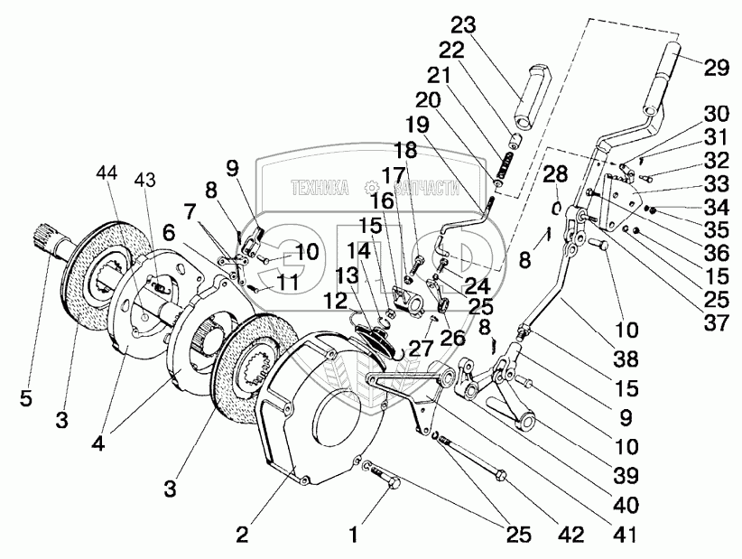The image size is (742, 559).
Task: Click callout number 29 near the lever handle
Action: pos(716,68)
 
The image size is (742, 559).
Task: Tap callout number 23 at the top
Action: pos(463,25)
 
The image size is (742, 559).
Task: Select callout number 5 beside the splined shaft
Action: pos(26,398)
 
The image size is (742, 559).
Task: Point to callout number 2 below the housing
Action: pos(242,536)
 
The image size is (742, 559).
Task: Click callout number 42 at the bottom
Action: pos(571,535)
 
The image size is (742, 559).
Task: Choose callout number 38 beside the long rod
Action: pos(626,359)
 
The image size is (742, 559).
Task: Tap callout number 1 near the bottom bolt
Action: pos(354,536)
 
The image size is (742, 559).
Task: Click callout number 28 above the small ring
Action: pos(555,174)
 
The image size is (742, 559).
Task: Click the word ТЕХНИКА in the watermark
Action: pos(320,189)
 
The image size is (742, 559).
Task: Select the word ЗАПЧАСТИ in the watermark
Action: pos(426,189)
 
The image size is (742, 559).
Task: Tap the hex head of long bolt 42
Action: pos(501,474)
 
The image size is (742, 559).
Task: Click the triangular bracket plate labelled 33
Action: pos(620,202)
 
